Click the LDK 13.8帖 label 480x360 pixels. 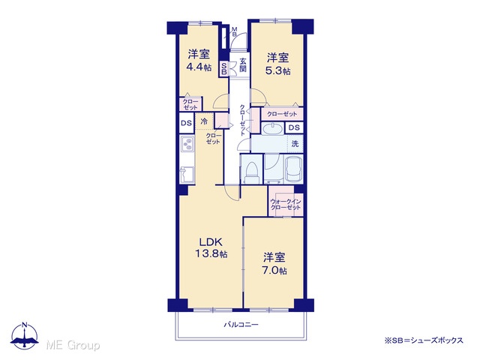pyautogui.click(x=211, y=247)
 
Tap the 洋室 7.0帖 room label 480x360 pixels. pyautogui.click(x=274, y=263)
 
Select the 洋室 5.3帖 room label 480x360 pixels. pyautogui.click(x=278, y=64)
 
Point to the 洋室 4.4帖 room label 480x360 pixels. pyautogui.click(x=199, y=60)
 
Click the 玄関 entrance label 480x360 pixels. pyautogui.click(x=243, y=65)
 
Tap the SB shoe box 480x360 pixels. pyautogui.click(x=223, y=68)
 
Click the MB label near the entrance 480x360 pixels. pyautogui.click(x=234, y=31)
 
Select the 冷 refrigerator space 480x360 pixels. pyautogui.click(x=204, y=121)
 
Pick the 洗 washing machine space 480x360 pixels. pyautogui.click(x=295, y=143)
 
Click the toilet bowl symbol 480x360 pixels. pyautogui.click(x=252, y=172)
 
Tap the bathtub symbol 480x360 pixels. pyautogui.click(x=294, y=169)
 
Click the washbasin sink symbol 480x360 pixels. pyautogui.click(x=272, y=128)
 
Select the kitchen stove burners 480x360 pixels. pyautogui.click(x=187, y=144)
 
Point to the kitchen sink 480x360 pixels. pyautogui.click(x=187, y=175)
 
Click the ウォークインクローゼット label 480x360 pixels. pyautogui.click(x=286, y=205)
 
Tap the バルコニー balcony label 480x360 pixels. pyautogui.click(x=241, y=325)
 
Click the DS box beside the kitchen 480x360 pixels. pyautogui.click(x=186, y=123)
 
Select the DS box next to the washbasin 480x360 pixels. pyautogui.click(x=294, y=127)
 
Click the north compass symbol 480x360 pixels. pyautogui.click(x=25, y=336)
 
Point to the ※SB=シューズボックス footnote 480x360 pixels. pyautogui.click(x=424, y=340)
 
